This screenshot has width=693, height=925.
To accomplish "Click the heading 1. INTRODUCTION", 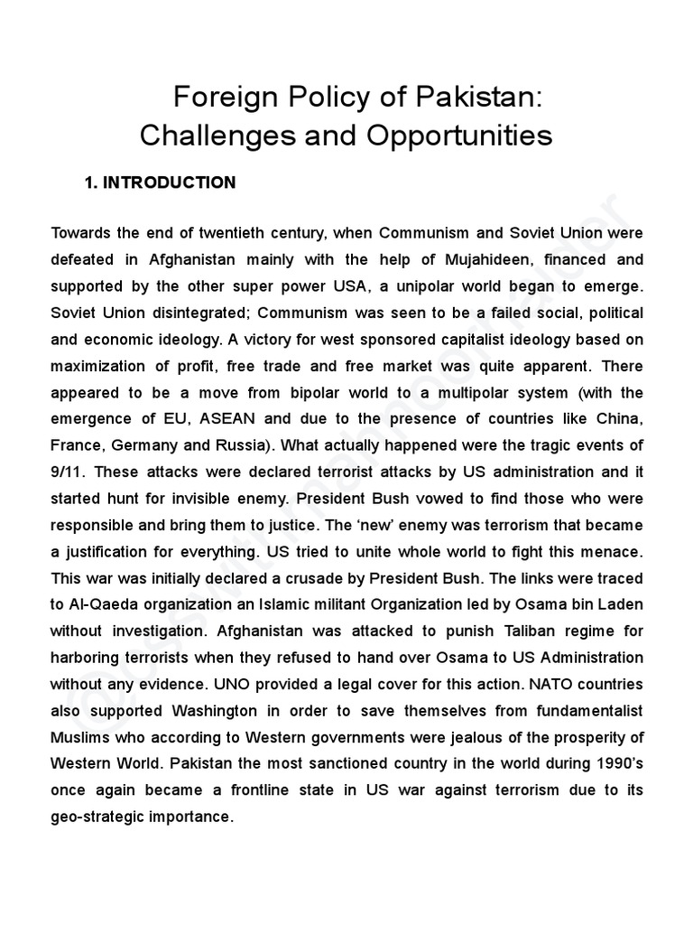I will pyautogui.click(x=160, y=182).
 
